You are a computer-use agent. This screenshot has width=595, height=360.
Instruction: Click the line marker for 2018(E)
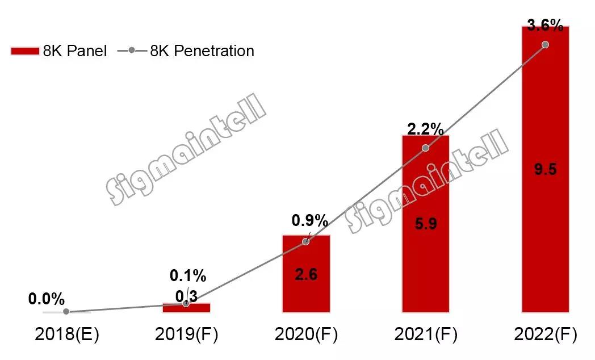tap(66, 311)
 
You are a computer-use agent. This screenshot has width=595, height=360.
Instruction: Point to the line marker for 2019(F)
tap(186, 303)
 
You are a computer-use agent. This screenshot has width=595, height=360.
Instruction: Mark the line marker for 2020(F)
tap(306, 241)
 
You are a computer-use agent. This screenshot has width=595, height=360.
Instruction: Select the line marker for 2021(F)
tap(426, 148)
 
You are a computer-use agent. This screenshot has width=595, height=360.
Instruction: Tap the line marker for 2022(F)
tap(545, 44)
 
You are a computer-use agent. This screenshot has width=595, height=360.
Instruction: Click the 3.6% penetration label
tap(545, 25)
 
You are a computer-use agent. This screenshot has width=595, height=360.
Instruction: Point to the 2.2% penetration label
tap(425, 128)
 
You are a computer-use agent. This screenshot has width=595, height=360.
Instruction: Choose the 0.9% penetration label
tap(309, 220)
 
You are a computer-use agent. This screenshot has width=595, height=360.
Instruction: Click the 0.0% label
tap(46, 299)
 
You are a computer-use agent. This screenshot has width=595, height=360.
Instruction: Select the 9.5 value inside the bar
tap(545, 169)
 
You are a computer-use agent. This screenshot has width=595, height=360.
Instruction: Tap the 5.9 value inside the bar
tap(425, 224)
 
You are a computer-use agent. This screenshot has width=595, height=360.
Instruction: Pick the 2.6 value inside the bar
tap(306, 275)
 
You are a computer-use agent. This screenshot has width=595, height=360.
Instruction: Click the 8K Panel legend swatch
tap(26, 51)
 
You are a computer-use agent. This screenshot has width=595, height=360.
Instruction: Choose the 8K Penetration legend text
tap(202, 51)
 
